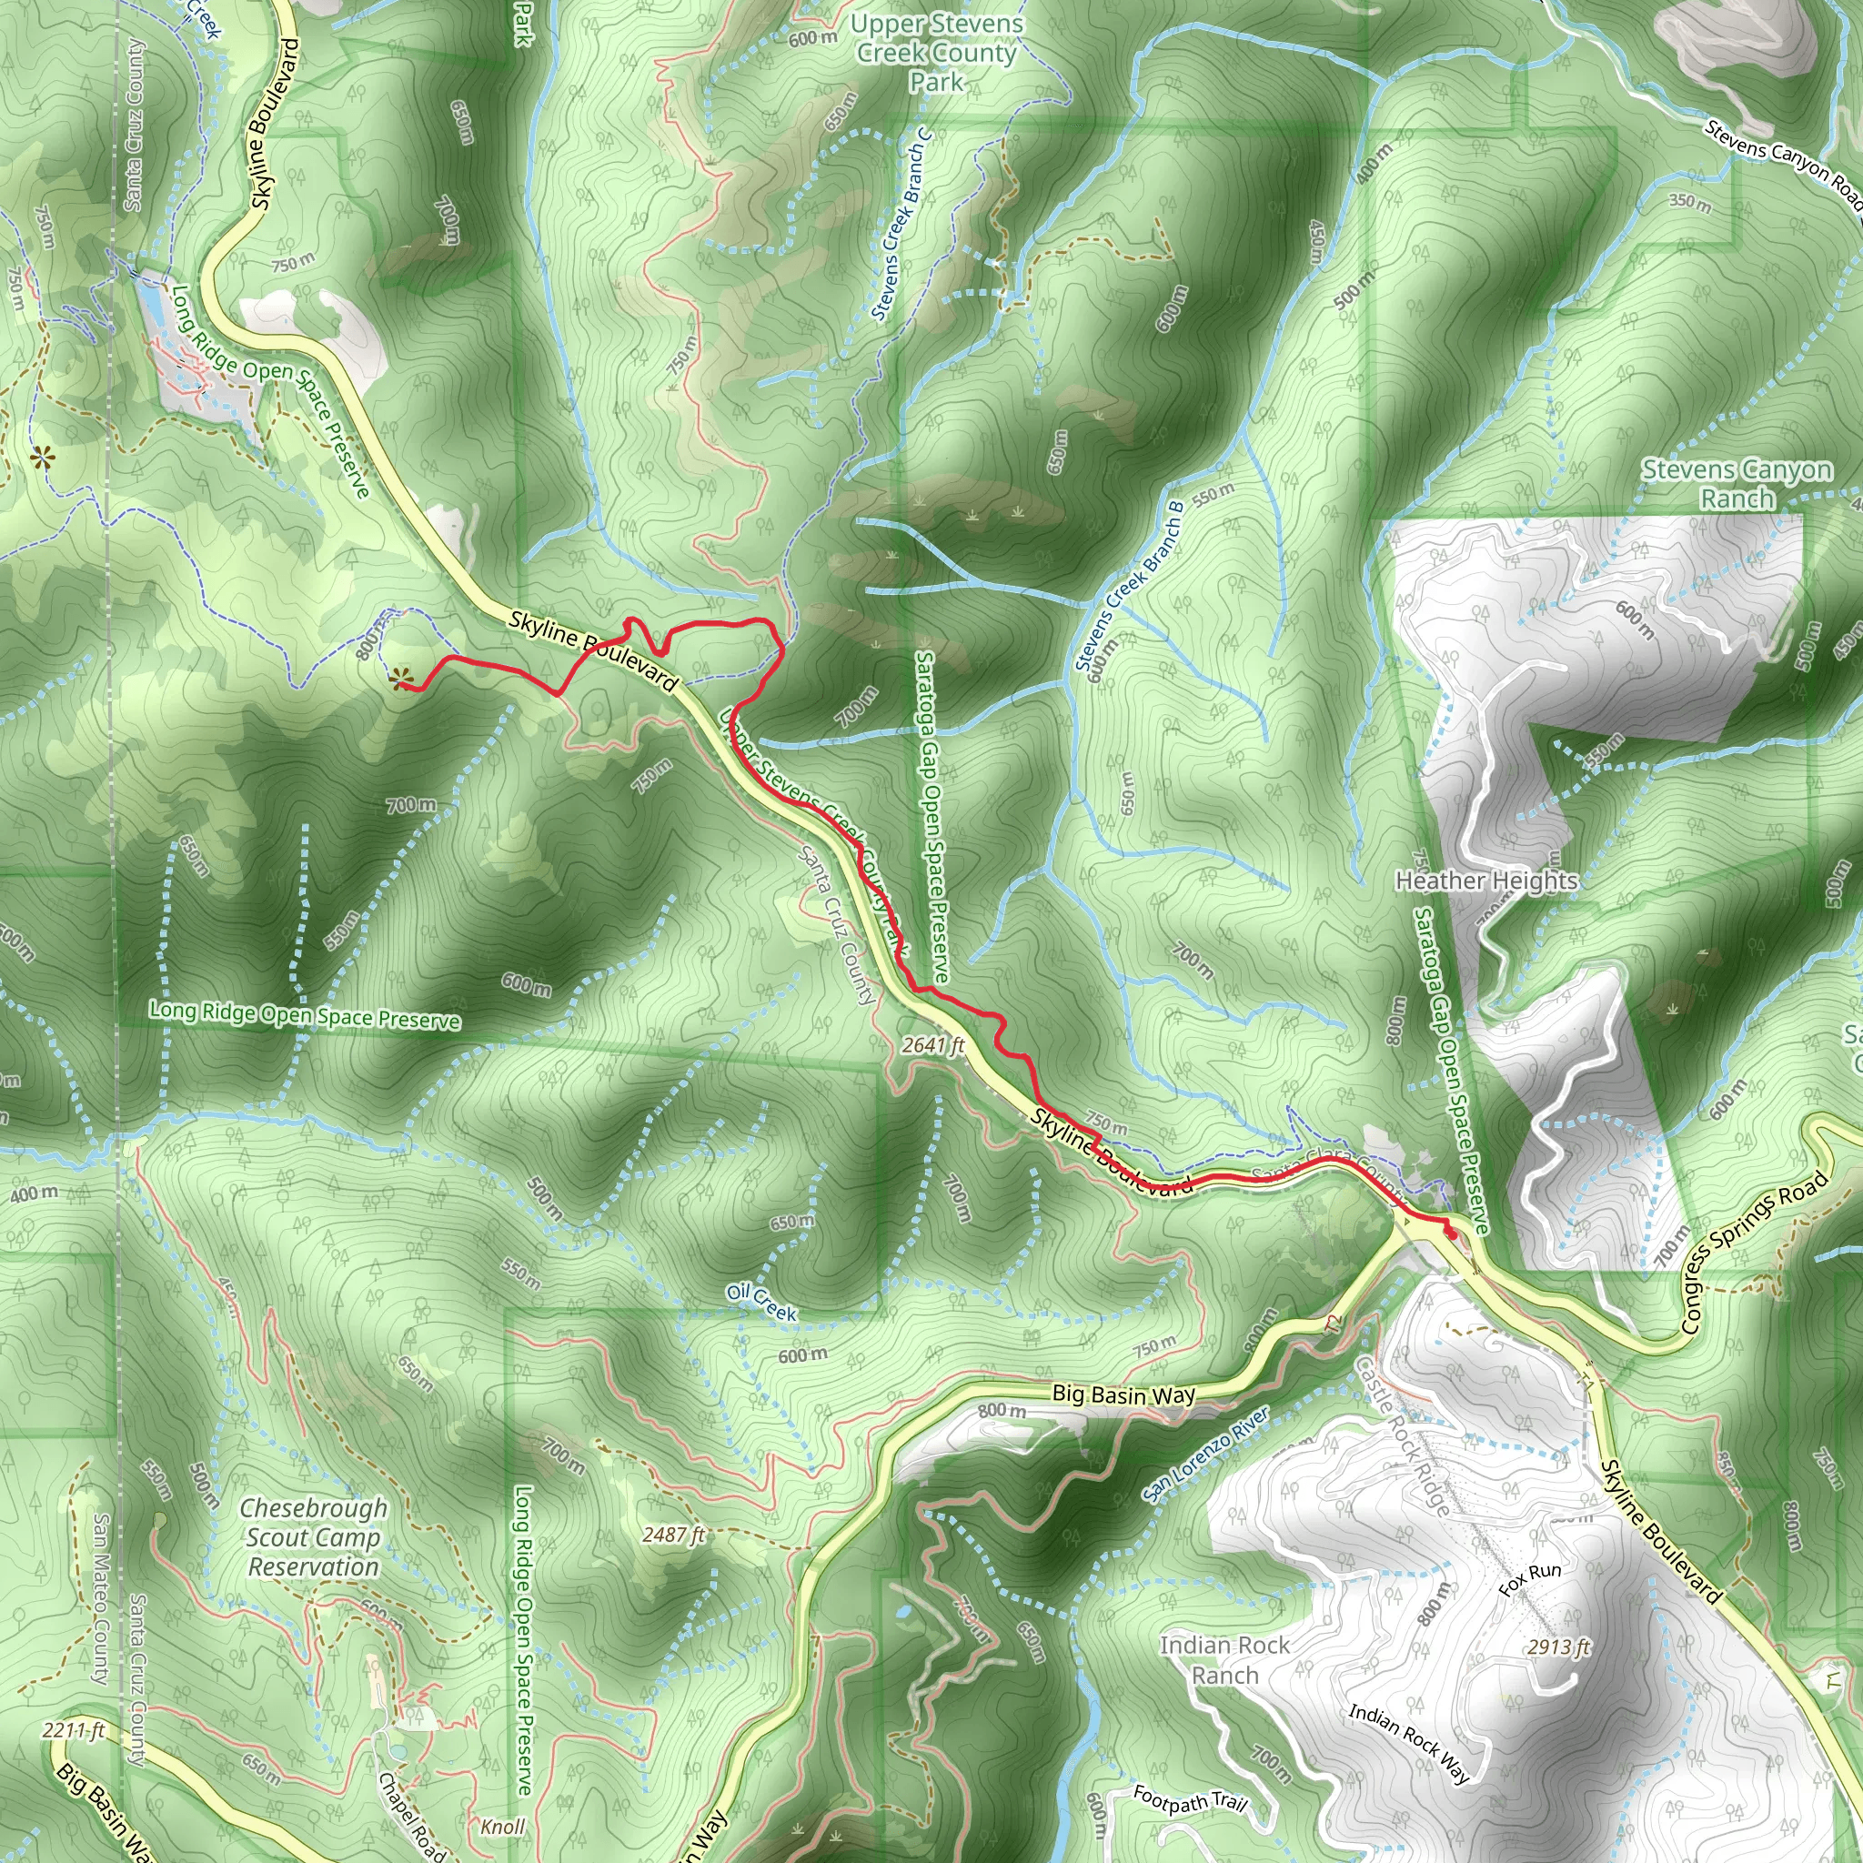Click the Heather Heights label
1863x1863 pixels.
click(x=1486, y=880)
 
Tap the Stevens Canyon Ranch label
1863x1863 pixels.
click(x=1737, y=484)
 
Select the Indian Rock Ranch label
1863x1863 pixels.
click(x=1224, y=1659)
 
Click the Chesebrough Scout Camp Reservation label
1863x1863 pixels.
click(x=314, y=1537)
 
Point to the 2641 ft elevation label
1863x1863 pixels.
click(x=933, y=1044)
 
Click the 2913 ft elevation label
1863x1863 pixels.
click(x=1557, y=1647)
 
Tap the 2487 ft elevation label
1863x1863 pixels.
click(x=673, y=1535)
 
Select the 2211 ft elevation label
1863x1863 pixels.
click(x=74, y=1730)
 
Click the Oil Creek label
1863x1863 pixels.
click(x=761, y=1302)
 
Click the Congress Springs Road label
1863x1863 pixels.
click(x=1754, y=1252)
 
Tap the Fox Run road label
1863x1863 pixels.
click(x=1530, y=1579)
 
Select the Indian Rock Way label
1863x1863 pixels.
click(x=1409, y=1741)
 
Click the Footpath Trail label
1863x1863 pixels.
click(x=1190, y=1798)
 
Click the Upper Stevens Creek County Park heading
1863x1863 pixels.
click(x=936, y=52)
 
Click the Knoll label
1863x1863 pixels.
click(x=502, y=1827)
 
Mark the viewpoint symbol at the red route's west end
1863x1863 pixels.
click(x=400, y=680)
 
